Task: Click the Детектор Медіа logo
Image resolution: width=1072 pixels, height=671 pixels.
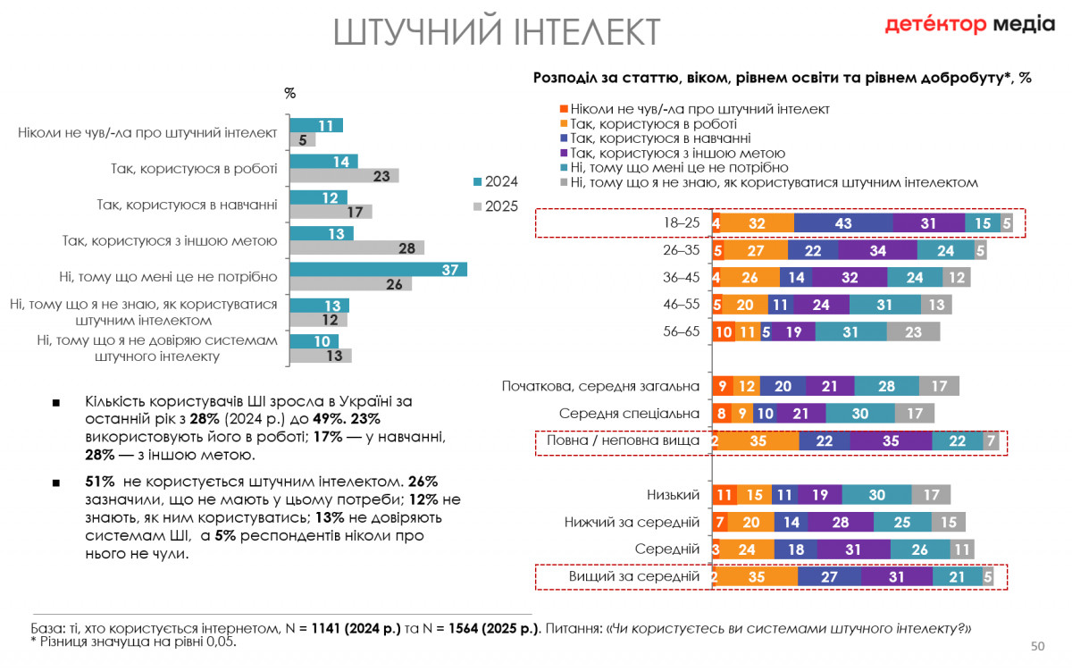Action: click(x=969, y=24)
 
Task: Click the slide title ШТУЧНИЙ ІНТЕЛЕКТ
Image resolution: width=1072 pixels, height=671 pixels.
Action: click(x=497, y=32)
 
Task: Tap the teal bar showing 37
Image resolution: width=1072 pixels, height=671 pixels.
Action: click(x=378, y=269)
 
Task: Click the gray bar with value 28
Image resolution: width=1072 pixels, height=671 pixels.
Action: click(x=357, y=247)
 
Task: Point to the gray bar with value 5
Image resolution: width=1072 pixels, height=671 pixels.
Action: click(x=303, y=139)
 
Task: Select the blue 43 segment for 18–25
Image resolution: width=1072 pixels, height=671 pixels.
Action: click(x=842, y=223)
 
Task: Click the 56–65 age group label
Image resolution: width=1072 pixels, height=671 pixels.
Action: click(x=680, y=331)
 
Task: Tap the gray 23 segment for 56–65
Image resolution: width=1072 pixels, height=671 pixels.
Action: click(x=913, y=331)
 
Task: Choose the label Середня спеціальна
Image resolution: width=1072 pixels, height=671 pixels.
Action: click(x=629, y=414)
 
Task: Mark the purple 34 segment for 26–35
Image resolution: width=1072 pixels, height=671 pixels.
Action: click(x=877, y=250)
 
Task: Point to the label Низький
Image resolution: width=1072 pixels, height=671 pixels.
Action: click(x=673, y=494)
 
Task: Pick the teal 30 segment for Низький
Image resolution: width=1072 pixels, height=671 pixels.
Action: click(x=876, y=495)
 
